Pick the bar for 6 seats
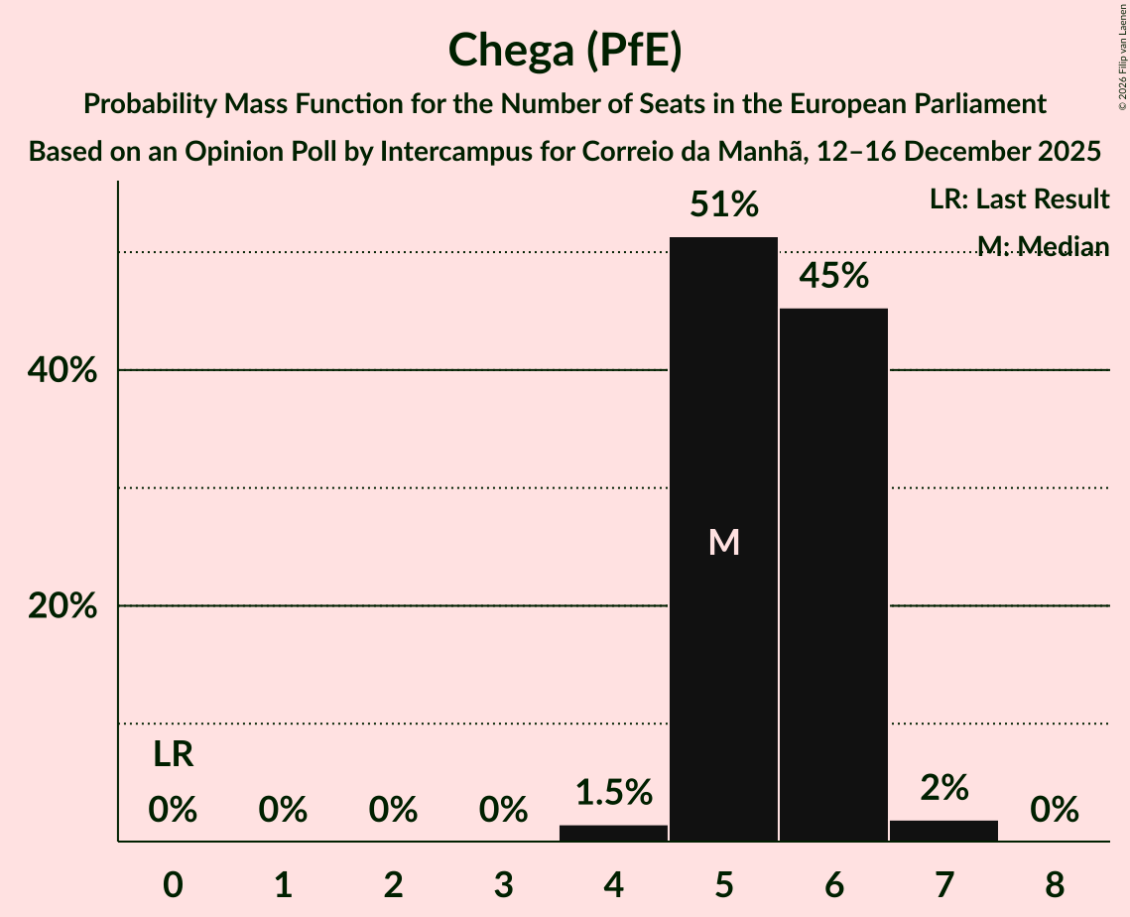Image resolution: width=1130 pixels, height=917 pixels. coord(833,575)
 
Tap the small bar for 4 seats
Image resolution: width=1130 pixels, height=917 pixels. coord(613,833)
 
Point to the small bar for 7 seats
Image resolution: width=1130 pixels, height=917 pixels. coord(943,831)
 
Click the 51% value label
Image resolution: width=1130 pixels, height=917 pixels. coord(723,205)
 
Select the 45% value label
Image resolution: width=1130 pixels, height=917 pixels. coord(833,276)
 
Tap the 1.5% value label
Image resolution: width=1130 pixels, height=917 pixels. coord(613,792)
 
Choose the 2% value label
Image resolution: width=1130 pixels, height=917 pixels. coord(943,788)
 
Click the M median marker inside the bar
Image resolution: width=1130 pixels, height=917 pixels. coord(724,542)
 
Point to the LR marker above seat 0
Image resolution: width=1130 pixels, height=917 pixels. coord(173,756)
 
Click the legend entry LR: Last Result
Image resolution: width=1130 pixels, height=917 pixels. coord(1019,199)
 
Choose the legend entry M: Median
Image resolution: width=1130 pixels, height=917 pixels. coord(1043,246)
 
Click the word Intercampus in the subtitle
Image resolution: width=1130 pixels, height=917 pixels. coord(442,153)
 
